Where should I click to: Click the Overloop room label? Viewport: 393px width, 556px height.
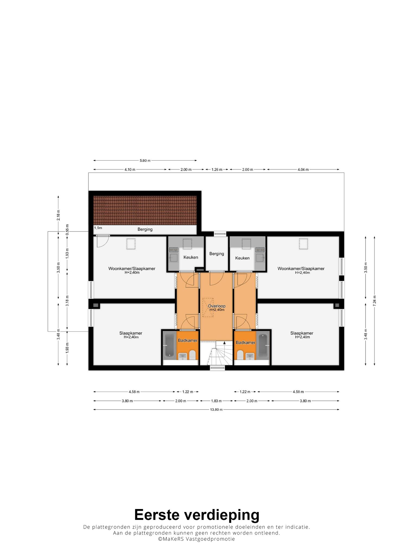217,306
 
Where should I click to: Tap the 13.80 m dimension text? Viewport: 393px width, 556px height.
216,410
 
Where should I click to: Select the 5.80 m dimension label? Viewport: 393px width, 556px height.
145,160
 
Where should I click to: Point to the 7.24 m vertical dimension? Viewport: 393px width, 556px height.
375,301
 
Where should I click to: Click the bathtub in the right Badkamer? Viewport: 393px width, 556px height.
263,345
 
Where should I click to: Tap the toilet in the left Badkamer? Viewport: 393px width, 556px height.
192,355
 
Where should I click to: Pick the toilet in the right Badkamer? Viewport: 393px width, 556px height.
240,355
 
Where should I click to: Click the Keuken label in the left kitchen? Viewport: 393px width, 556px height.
191,257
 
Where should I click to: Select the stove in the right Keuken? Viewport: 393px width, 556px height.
260,249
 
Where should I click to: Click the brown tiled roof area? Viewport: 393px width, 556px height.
145,210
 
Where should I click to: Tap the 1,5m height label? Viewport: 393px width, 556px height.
98,228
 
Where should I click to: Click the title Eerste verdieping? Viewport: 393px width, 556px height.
197,514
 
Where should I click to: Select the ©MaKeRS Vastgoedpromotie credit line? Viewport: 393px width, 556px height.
196,539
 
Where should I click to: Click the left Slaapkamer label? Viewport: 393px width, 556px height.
131,333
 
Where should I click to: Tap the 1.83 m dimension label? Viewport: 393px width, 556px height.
216,401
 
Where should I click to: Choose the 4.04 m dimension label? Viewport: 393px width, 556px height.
303,169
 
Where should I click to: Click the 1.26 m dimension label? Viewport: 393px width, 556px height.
217,169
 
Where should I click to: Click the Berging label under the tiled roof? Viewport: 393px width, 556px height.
145,229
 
